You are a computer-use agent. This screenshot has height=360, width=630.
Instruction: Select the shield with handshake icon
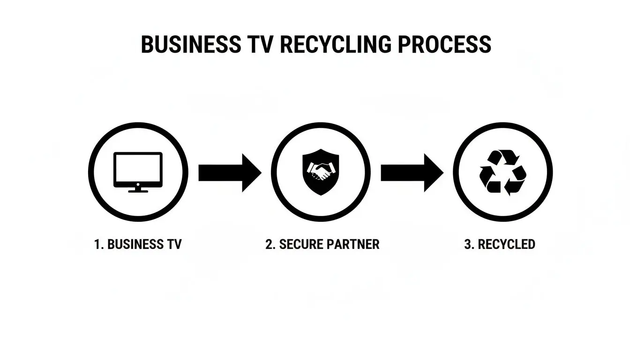pyautogui.click(x=321, y=172)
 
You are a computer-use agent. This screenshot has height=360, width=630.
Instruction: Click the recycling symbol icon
pyautogui.click(x=503, y=172)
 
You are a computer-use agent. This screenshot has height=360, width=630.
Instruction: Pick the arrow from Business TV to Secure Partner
pyautogui.click(x=230, y=172)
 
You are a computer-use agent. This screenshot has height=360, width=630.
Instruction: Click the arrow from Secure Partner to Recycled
pyautogui.click(x=412, y=172)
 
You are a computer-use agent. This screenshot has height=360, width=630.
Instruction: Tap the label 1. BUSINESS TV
pyautogui.click(x=137, y=245)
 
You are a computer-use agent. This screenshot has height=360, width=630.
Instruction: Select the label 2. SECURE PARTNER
pyautogui.click(x=322, y=245)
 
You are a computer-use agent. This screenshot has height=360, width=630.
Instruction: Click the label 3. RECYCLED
pyautogui.click(x=499, y=245)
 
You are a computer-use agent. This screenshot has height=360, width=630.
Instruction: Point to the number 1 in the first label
pyautogui.click(x=97, y=245)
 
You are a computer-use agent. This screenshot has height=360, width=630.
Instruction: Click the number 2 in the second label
pyautogui.click(x=269, y=245)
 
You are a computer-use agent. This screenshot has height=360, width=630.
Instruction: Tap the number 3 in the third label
pyautogui.click(x=467, y=245)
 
